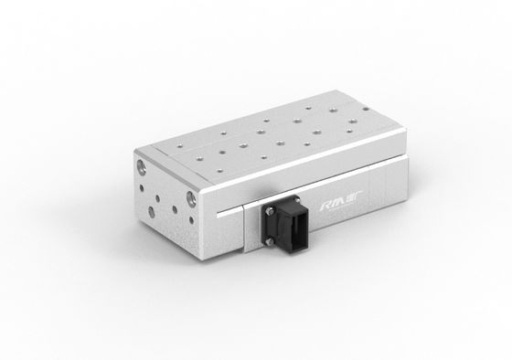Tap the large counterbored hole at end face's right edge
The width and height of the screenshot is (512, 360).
[x=190, y=198]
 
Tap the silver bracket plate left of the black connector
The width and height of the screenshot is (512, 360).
[x=251, y=228]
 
